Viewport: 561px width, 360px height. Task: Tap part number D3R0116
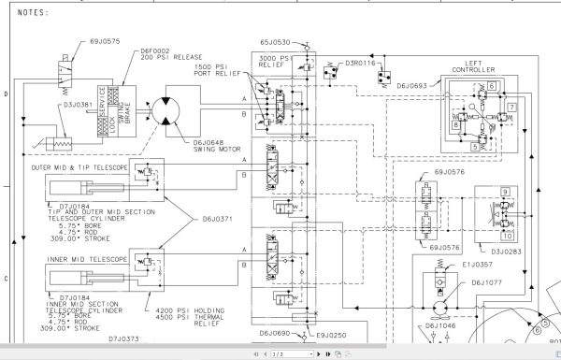pyautogui.click(x=360, y=64)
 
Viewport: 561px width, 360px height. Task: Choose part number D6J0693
pyautogui.click(x=416, y=86)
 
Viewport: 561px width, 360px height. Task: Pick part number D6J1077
pyautogui.click(x=486, y=281)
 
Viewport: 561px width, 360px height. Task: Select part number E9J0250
pyautogui.click(x=334, y=335)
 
